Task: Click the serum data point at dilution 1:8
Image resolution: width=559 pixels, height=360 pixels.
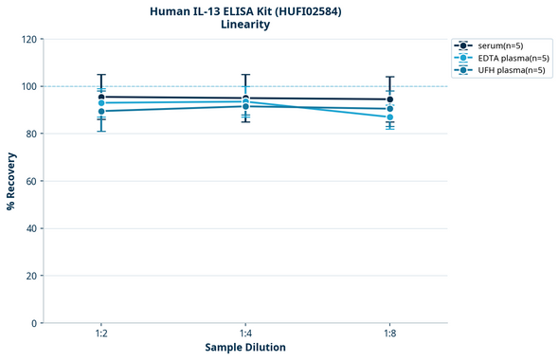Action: point(390,99)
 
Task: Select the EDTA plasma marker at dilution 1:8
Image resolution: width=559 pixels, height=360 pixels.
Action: point(390,117)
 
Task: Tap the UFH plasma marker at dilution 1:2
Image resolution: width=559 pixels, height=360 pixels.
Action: point(101,112)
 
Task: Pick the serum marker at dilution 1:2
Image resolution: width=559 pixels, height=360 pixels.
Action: point(101,97)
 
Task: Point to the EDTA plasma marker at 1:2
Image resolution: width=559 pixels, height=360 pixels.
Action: point(101,103)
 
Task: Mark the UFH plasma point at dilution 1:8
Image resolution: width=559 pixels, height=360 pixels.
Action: point(390,109)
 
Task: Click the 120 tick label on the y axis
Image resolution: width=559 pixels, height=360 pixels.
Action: point(28,39)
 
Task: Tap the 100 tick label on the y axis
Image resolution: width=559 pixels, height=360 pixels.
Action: point(28,86)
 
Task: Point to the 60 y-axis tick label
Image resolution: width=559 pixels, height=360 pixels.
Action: point(31,181)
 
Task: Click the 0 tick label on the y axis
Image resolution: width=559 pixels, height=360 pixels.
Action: point(34,323)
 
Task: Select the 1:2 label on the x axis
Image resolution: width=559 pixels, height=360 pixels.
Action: point(101,334)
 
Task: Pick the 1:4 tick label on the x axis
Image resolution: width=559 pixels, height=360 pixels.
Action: point(245,334)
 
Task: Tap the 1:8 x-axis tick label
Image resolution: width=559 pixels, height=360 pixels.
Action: point(390,334)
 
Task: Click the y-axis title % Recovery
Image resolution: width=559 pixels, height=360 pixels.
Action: point(11,180)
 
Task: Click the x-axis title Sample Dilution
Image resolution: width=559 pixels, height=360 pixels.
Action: point(245,348)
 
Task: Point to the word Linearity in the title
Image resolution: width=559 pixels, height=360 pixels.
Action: point(245,25)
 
